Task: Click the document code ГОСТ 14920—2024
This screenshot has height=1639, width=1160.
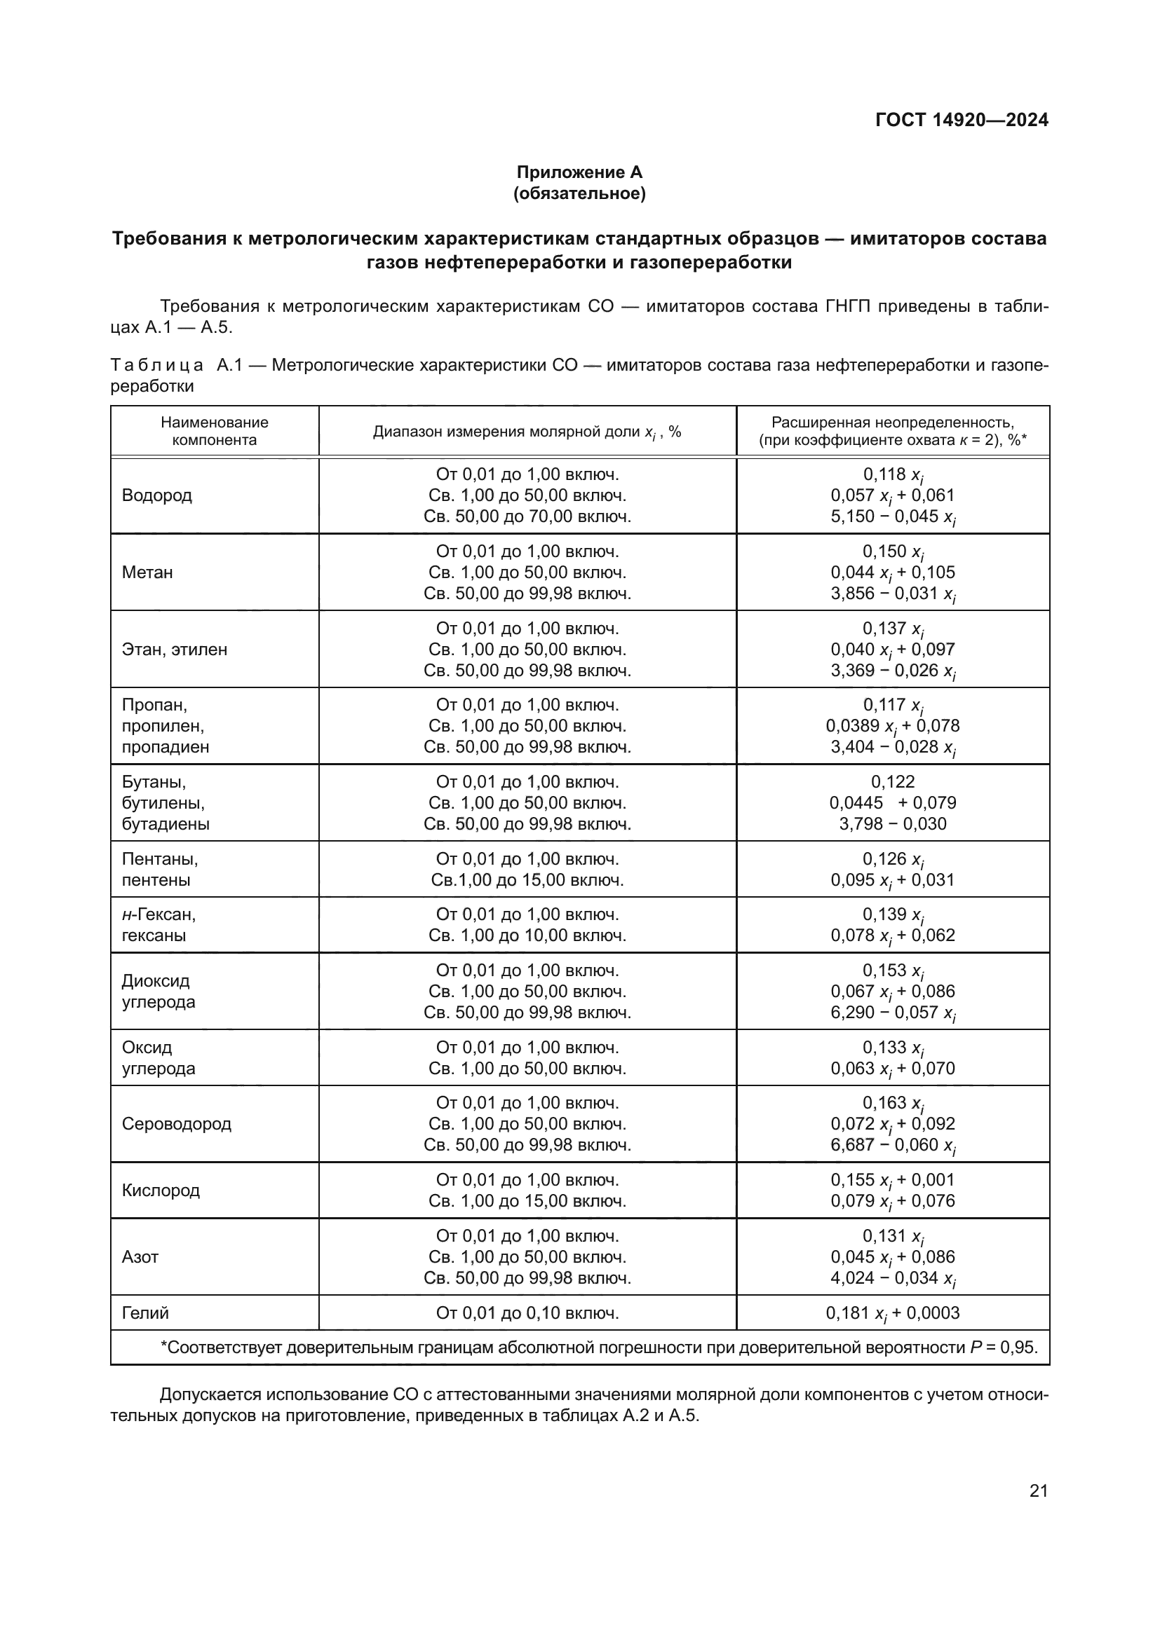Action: click(962, 120)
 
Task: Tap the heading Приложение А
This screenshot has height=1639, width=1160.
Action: click(579, 172)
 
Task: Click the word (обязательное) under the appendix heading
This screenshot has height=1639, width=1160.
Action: click(579, 193)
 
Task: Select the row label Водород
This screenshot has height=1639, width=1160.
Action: click(156, 495)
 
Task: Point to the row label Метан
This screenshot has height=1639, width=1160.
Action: click(147, 572)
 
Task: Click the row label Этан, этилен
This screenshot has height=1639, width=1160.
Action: click(175, 650)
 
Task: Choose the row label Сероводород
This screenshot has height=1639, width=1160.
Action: click(177, 1123)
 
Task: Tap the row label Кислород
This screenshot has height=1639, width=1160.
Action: click(161, 1190)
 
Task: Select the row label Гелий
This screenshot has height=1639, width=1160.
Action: click(145, 1312)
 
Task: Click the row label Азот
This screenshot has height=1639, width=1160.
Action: click(140, 1256)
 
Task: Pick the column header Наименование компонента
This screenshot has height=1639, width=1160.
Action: click(215, 431)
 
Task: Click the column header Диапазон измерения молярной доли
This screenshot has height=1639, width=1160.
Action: click(527, 432)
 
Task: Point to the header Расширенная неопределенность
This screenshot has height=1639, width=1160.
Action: click(892, 422)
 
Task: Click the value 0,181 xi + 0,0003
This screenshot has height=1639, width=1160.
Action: click(892, 1313)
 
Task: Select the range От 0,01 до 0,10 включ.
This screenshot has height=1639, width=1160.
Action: click(527, 1312)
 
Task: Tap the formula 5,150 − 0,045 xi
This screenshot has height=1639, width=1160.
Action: click(892, 517)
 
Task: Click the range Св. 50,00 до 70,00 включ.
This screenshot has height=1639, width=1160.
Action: click(527, 516)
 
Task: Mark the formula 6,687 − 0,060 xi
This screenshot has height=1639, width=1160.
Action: click(892, 1145)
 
